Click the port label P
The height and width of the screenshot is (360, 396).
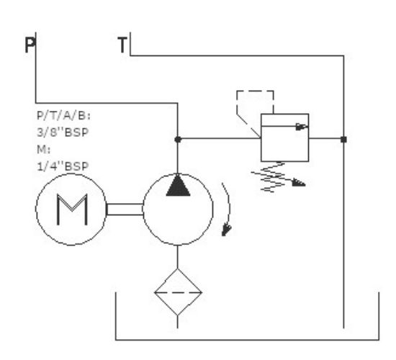(x=30, y=45)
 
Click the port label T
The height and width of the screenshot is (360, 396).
(x=122, y=45)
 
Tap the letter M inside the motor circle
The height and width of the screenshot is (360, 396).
(x=72, y=210)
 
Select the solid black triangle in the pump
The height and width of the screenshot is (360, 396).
(x=178, y=186)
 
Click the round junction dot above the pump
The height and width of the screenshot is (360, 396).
(x=178, y=139)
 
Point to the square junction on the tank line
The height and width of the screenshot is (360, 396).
(x=343, y=139)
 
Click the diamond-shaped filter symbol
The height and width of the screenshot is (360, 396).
(x=178, y=292)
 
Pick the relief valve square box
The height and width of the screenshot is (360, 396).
(x=284, y=138)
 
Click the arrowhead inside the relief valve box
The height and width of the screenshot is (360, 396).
(x=302, y=127)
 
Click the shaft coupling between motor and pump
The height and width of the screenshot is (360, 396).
(x=125, y=210)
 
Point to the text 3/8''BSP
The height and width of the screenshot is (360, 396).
(x=63, y=132)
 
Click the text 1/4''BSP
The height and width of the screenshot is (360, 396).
(x=63, y=166)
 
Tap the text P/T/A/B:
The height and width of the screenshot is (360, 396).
(x=63, y=116)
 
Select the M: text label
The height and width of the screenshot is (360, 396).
(x=43, y=149)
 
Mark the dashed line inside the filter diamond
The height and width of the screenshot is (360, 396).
(x=178, y=292)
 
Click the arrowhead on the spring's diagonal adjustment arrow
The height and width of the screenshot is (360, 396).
(x=299, y=183)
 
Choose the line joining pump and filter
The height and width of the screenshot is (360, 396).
(x=178, y=256)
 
